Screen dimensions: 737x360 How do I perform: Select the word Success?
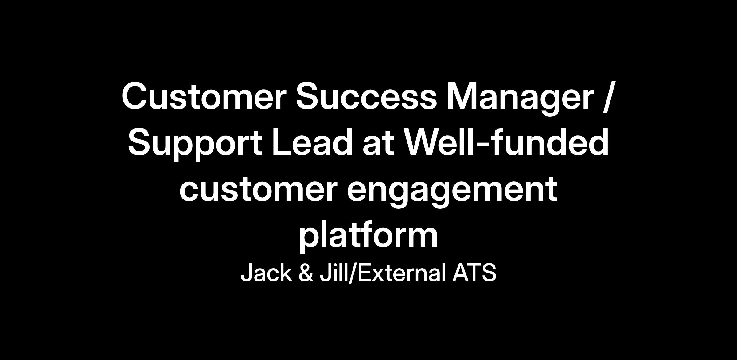click(x=366, y=96)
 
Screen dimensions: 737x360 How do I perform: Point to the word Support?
click(x=195, y=144)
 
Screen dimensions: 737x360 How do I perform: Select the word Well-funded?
click(x=506, y=142)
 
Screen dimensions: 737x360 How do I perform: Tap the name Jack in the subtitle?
click(x=266, y=273)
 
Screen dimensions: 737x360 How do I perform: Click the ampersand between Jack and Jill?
click(x=306, y=273)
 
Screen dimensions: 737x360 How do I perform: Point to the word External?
click(x=402, y=273)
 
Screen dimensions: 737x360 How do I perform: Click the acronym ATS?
click(x=474, y=273)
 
